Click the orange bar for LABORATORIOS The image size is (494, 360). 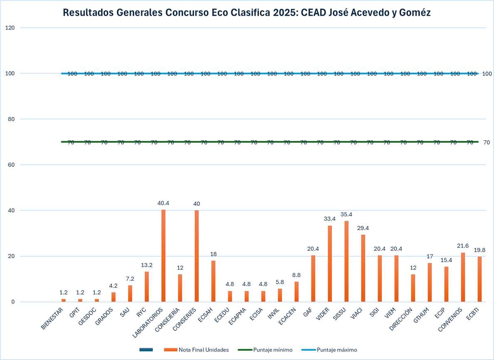click(x=163, y=256)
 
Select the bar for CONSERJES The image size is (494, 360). click(x=197, y=256)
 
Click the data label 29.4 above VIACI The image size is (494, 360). click(x=363, y=228)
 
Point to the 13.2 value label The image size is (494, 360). click(x=147, y=265)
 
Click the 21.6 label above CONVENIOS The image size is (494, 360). click(x=463, y=246)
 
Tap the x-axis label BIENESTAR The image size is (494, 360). click(x=53, y=319)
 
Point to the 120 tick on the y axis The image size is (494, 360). click(x=10, y=28)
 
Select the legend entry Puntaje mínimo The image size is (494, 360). click(x=272, y=350)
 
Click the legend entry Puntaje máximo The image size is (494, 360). click(x=337, y=350)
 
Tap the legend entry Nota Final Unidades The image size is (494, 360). click(x=203, y=350)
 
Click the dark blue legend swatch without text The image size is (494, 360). click(x=146, y=350)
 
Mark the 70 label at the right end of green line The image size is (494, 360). click(x=487, y=142)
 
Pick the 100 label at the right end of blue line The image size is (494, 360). click(x=487, y=74)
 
